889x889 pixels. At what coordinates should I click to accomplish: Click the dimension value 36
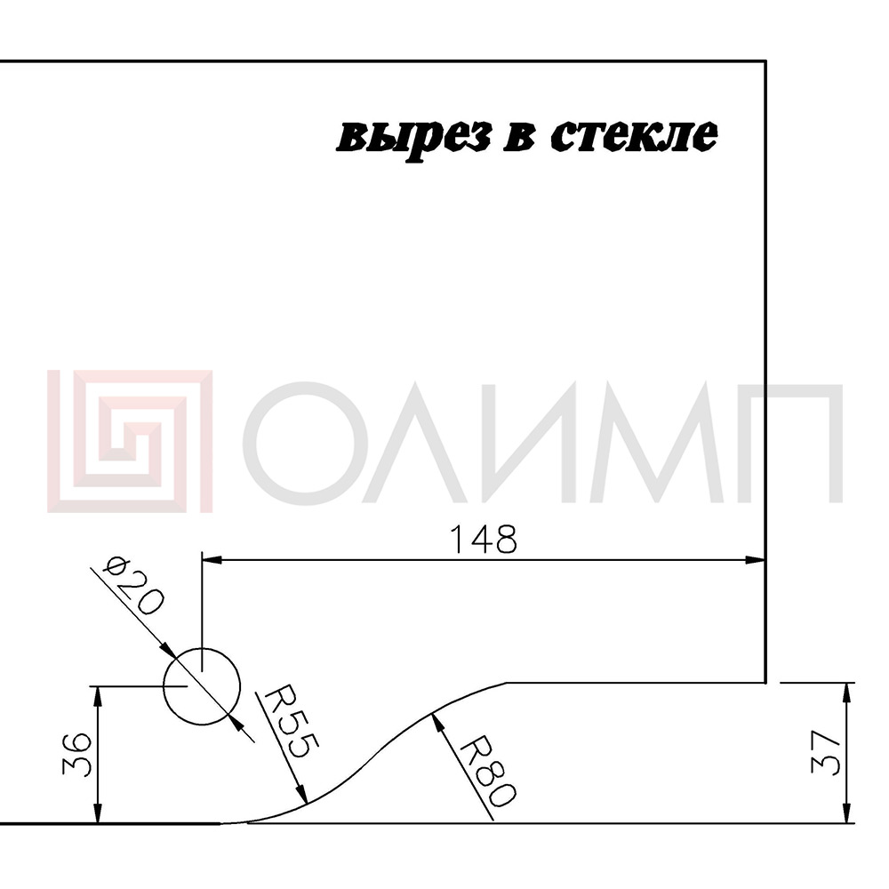coord(76,754)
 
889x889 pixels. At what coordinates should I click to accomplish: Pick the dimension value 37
coord(825,752)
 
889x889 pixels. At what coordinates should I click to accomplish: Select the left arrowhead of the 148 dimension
coord(212,560)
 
